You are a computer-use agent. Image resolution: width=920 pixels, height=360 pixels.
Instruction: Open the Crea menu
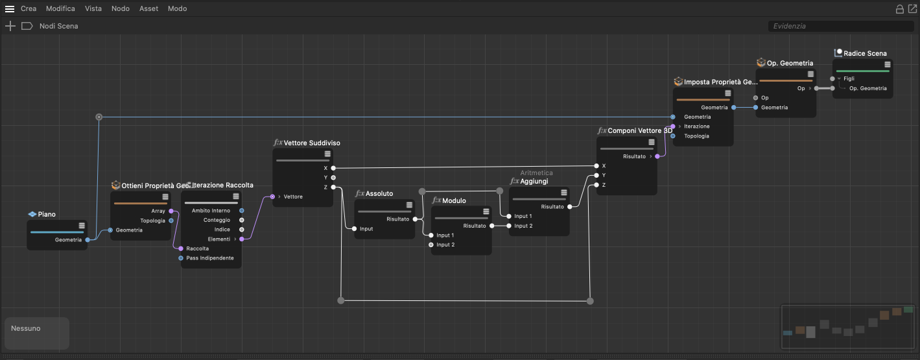click(x=29, y=8)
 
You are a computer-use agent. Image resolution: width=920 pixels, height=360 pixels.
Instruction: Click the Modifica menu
click(x=60, y=8)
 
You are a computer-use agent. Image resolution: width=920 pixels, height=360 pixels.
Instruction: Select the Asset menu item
click(x=148, y=8)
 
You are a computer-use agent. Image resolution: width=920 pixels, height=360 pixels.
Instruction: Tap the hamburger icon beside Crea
click(x=10, y=8)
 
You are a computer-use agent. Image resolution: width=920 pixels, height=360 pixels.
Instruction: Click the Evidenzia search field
click(x=840, y=26)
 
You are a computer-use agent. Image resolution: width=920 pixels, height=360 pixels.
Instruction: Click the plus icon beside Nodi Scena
click(x=10, y=27)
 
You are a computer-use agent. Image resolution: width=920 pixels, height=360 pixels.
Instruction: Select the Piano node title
click(x=47, y=214)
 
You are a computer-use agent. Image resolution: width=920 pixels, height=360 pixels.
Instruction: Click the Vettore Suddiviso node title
click(x=312, y=143)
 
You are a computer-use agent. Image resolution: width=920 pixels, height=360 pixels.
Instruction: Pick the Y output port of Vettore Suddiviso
click(x=333, y=178)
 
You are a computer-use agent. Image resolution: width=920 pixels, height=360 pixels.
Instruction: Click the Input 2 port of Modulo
click(x=431, y=245)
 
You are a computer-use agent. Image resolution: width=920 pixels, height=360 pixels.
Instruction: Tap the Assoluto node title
click(x=379, y=193)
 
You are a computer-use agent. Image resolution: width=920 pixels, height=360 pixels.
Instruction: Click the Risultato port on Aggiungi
click(x=570, y=207)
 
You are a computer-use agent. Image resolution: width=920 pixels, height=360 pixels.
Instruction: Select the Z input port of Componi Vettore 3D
click(x=596, y=185)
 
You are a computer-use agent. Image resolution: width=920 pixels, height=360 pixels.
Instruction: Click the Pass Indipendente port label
click(x=210, y=258)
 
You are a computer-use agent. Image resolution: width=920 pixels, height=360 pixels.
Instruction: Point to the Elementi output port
click(x=242, y=239)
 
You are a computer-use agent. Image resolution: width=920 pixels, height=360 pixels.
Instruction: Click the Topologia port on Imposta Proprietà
click(x=673, y=136)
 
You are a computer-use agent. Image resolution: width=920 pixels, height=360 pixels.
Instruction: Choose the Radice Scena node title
click(x=865, y=53)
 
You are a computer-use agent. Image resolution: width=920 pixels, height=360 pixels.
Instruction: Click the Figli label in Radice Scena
click(x=849, y=78)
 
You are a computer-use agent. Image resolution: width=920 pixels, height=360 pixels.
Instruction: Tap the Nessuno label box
click(x=37, y=333)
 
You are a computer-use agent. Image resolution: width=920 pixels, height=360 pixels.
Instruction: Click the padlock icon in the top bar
click(x=899, y=9)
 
